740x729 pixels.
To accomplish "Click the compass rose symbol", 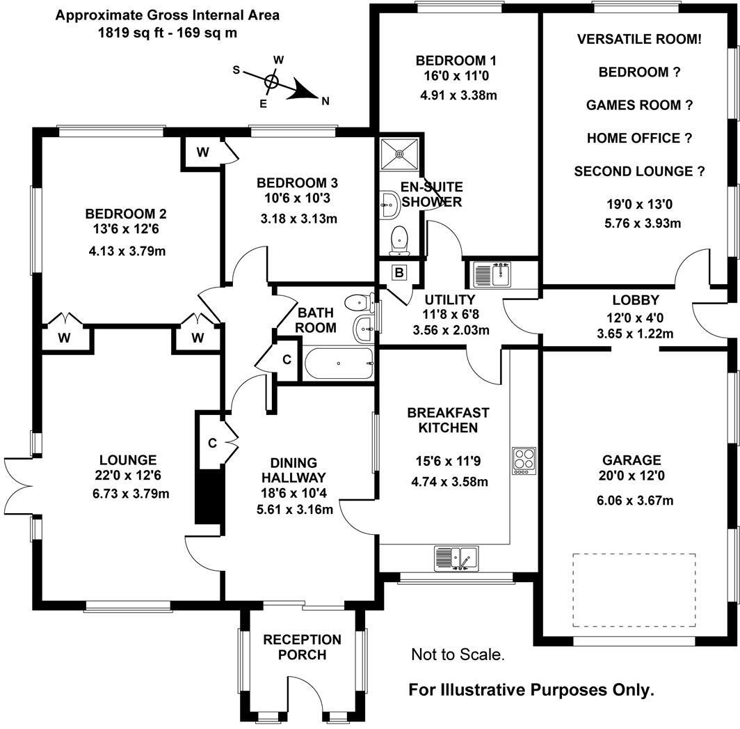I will click(273, 82).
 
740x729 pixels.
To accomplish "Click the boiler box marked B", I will click(399, 272).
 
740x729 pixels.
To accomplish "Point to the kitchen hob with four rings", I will click(522, 460).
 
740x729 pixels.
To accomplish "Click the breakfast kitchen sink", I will click(456, 558).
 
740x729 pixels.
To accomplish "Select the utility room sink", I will click(492, 274).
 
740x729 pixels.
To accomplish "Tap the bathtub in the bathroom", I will click(337, 363).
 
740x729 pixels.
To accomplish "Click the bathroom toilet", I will click(358, 302).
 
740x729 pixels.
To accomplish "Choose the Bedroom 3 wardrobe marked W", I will click(202, 153).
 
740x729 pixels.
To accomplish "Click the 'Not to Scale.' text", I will click(458, 654).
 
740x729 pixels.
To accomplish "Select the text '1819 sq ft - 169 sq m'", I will click(168, 32).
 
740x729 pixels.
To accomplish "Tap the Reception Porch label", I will click(302, 647).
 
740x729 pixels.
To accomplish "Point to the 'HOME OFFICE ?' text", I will click(639, 138).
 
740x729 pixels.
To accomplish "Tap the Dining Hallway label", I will click(293, 470).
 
